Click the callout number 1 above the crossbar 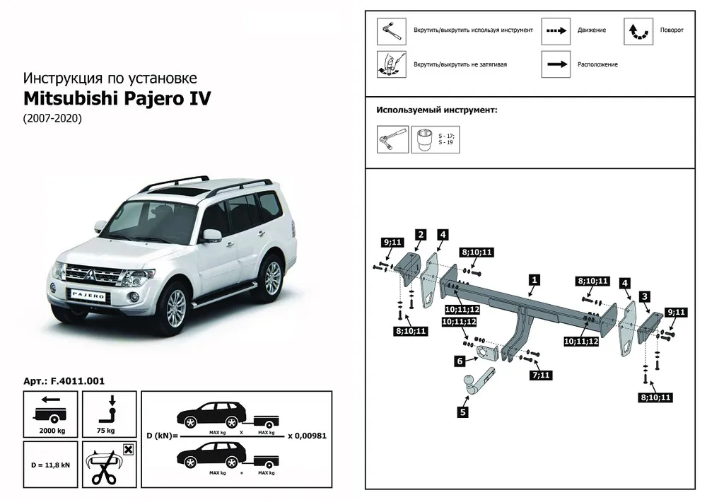(534, 279)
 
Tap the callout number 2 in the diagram (420, 234)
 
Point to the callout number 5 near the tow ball (462, 410)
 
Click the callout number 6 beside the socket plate (460, 361)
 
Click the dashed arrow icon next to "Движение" (556, 31)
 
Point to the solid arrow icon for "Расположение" (556, 64)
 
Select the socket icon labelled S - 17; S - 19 (426, 139)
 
